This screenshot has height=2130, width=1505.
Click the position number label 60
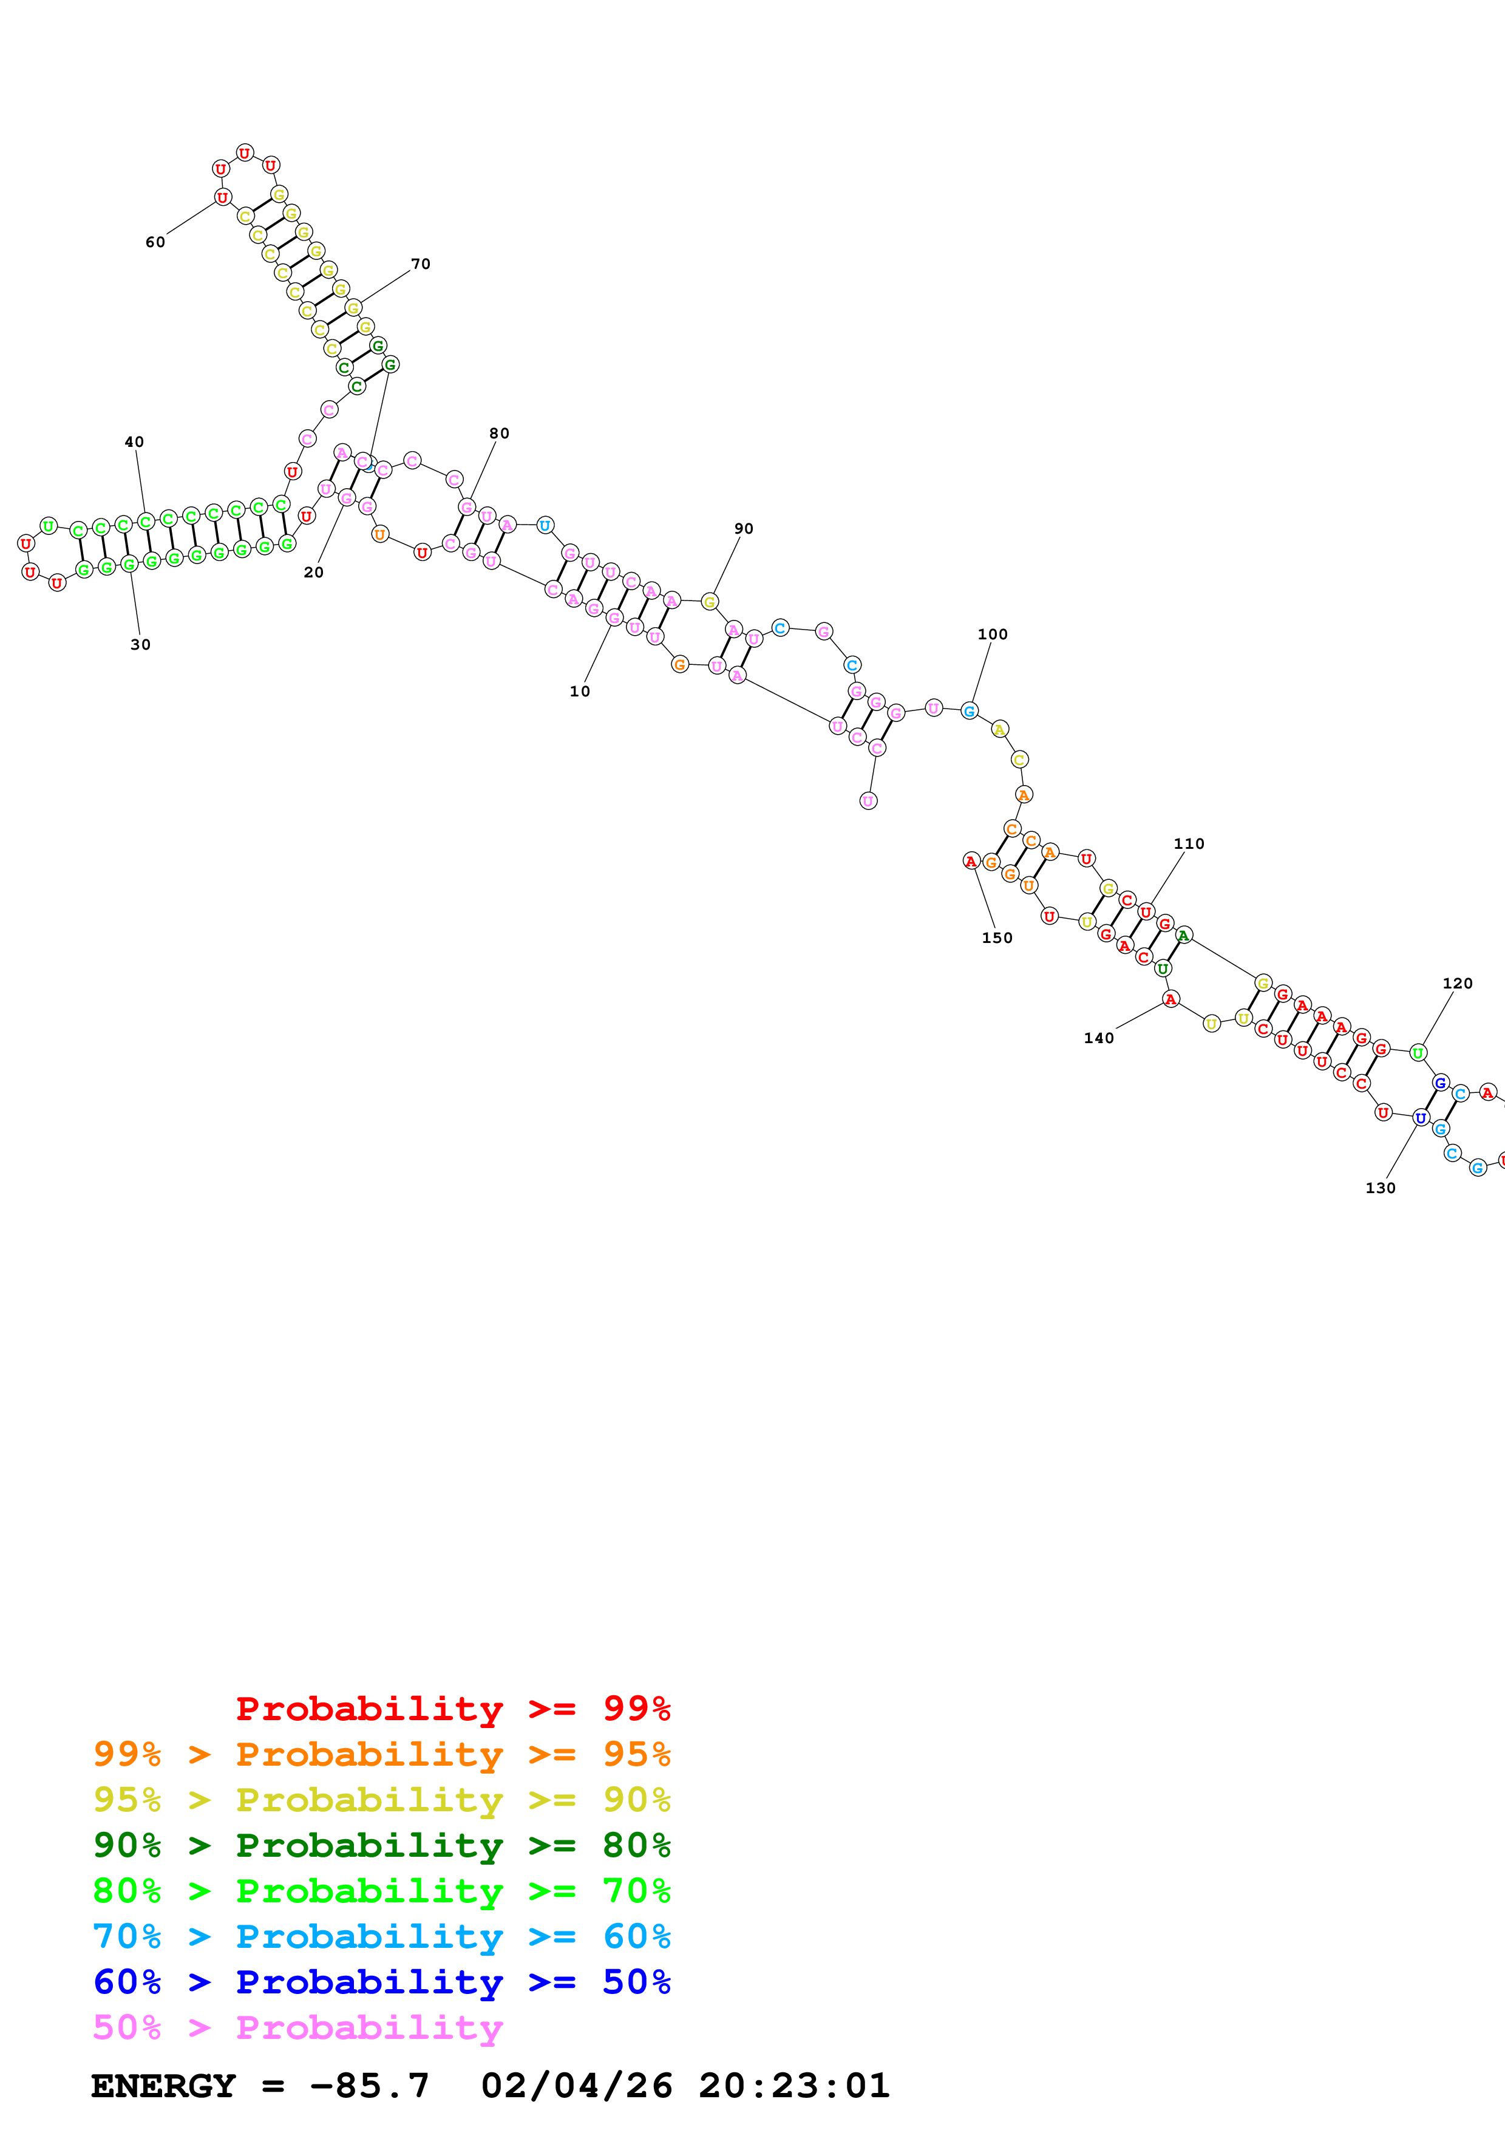click(x=155, y=242)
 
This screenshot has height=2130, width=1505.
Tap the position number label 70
click(x=420, y=264)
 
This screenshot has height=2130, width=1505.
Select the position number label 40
click(x=134, y=441)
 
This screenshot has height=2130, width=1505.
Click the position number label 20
click(x=313, y=573)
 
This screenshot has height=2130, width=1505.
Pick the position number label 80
click(x=499, y=434)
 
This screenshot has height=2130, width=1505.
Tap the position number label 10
click(x=580, y=691)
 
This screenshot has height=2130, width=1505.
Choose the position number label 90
click(x=744, y=529)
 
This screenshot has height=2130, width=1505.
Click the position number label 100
click(x=992, y=635)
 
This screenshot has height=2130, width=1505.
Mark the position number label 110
click(x=1189, y=843)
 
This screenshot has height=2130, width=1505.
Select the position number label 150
click(x=997, y=938)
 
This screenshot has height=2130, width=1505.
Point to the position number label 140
click(x=1099, y=1038)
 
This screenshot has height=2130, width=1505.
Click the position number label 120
click(x=1457, y=984)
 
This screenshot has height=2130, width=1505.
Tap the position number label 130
click(x=1380, y=1188)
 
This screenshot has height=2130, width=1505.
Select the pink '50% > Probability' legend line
click(x=297, y=2027)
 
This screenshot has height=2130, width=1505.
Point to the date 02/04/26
click(x=576, y=2086)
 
